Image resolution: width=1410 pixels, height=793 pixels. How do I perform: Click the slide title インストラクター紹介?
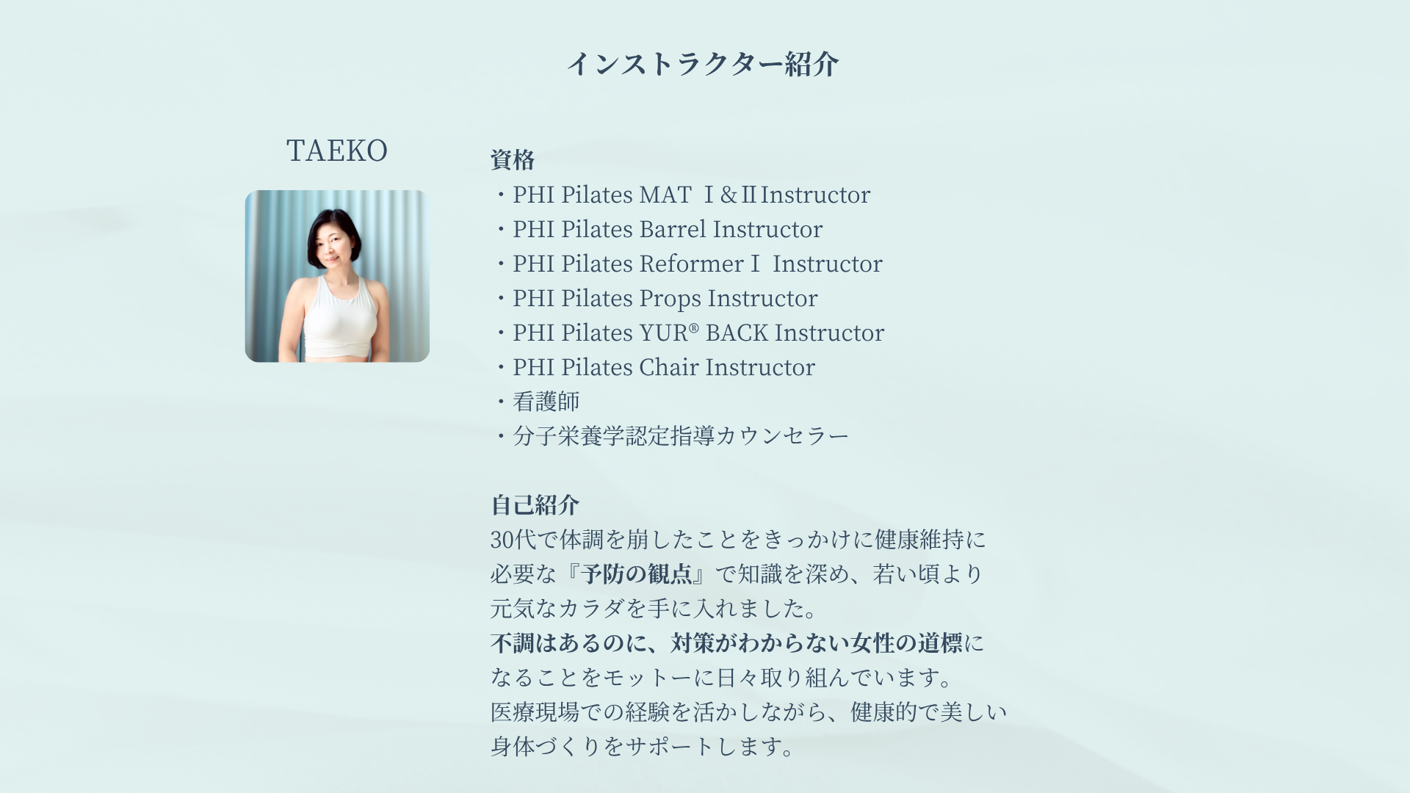click(x=703, y=64)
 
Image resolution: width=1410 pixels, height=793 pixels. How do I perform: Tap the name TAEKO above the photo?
click(x=337, y=151)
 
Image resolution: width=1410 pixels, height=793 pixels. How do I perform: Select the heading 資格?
click(x=513, y=160)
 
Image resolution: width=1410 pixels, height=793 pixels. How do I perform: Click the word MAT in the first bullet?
click(x=665, y=195)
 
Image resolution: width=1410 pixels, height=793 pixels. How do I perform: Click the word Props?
click(x=670, y=299)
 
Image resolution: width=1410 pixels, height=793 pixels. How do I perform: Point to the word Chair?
click(x=669, y=367)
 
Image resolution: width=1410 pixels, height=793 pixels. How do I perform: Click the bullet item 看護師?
click(x=546, y=402)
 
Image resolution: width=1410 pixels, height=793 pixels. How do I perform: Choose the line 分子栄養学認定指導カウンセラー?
click(x=681, y=436)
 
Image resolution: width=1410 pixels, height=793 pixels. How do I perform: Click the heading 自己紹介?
click(x=535, y=505)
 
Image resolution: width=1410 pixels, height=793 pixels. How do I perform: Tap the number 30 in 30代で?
click(x=502, y=540)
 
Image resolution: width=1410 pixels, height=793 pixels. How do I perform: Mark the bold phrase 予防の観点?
click(x=637, y=574)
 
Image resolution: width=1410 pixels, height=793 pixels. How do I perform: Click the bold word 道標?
click(x=940, y=643)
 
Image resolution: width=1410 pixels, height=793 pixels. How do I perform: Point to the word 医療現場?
click(x=535, y=712)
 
